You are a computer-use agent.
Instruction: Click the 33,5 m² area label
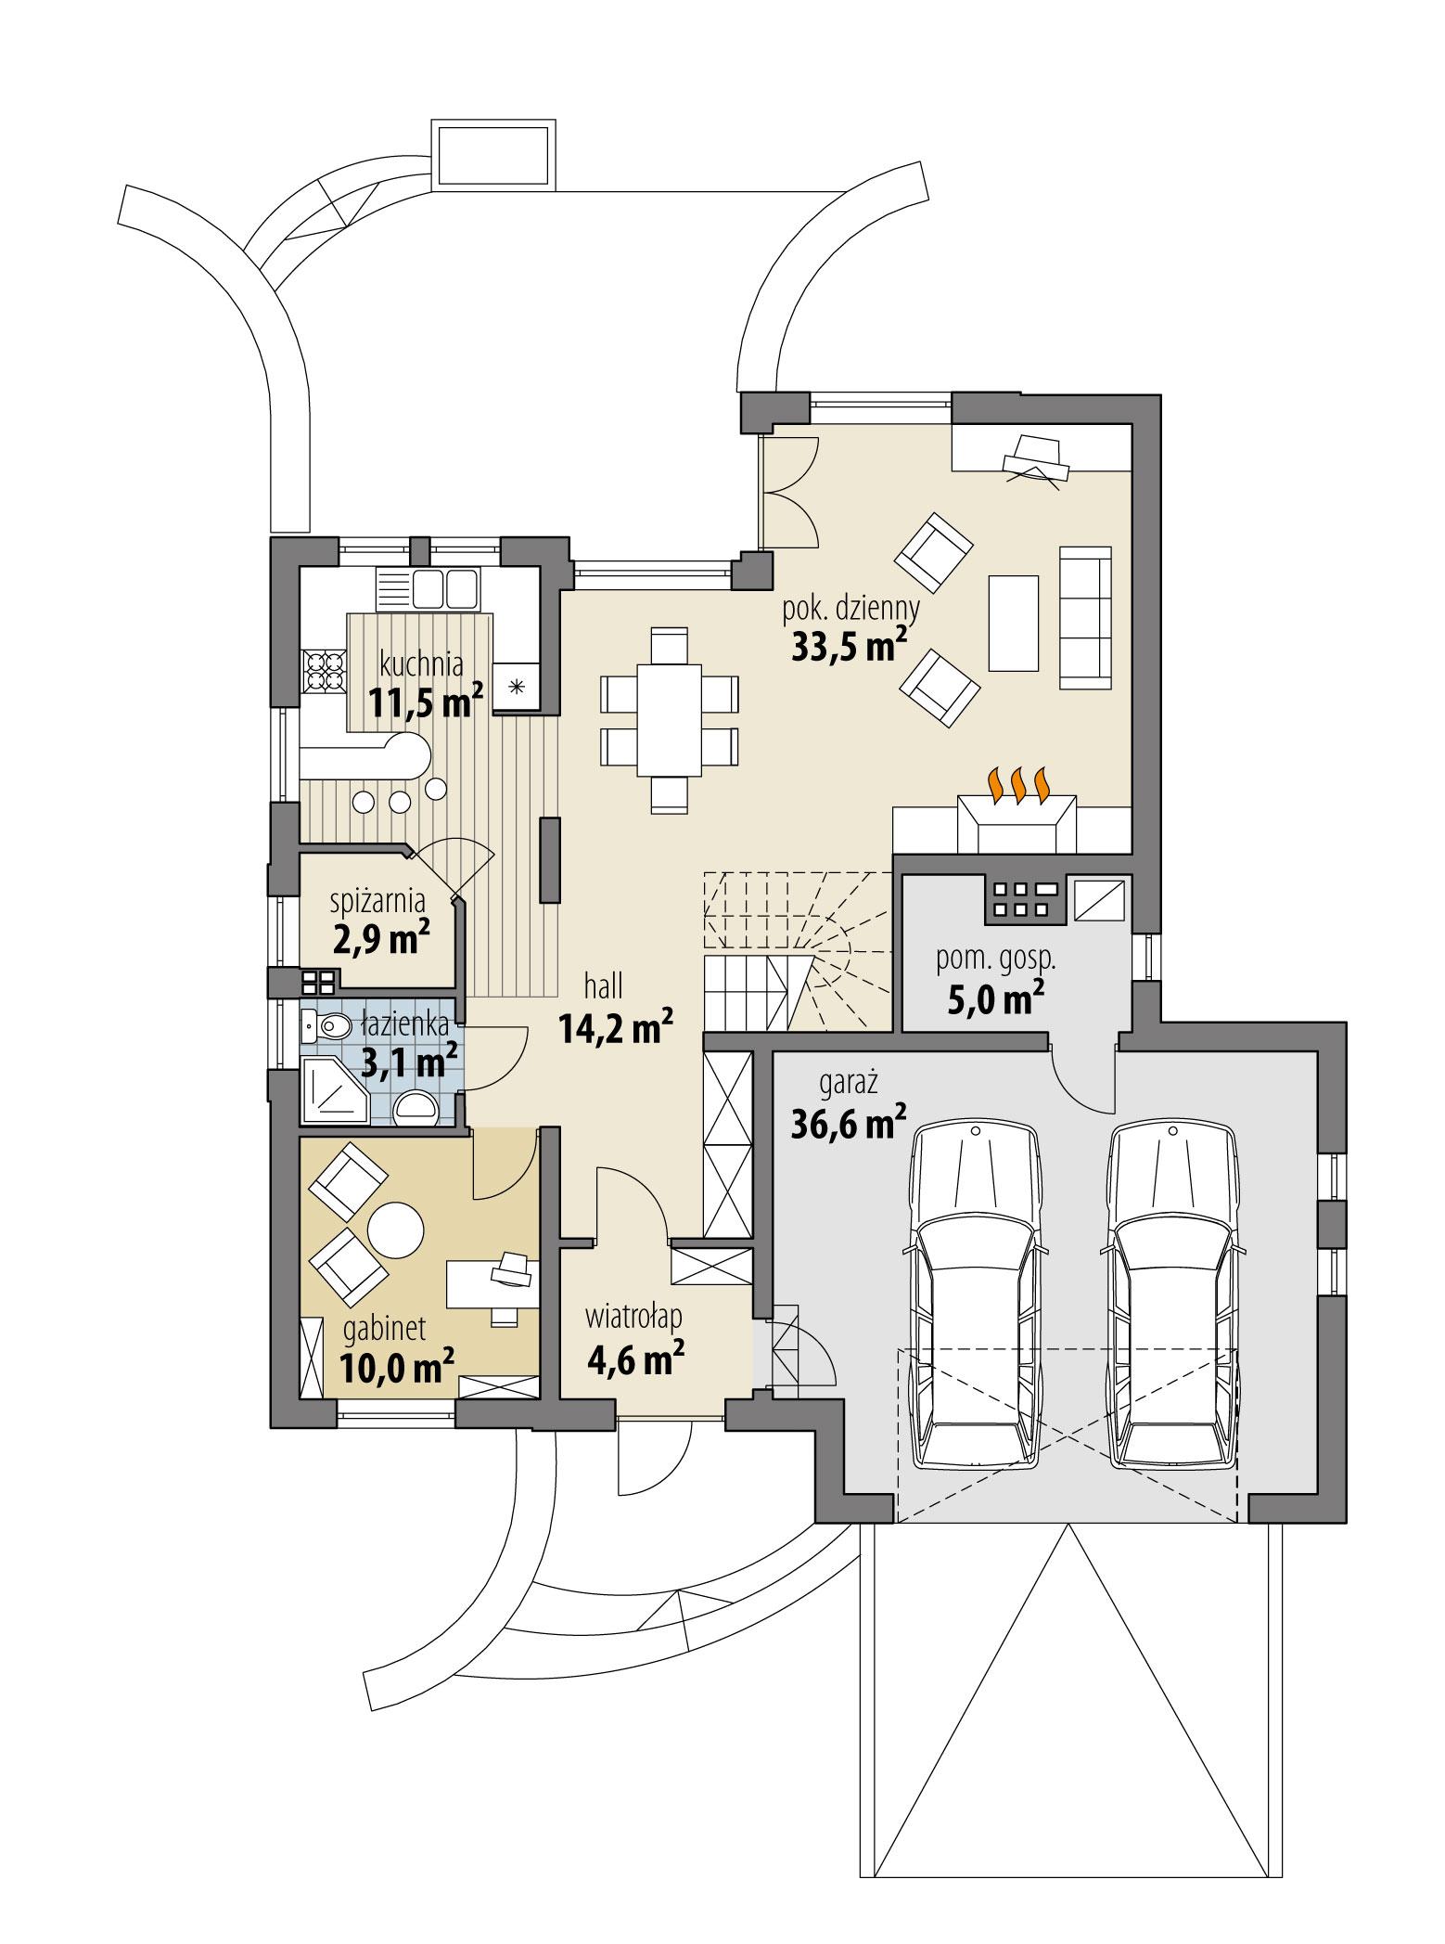tap(848, 647)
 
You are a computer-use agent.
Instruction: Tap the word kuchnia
tap(421, 664)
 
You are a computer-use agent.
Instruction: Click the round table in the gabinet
tap(395, 1229)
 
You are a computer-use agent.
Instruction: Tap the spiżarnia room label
tap(377, 900)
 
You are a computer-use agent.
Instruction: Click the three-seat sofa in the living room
tap(1085, 617)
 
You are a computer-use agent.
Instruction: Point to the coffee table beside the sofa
tap(1013, 623)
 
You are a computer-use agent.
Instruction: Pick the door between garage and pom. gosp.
tap(1084, 1076)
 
